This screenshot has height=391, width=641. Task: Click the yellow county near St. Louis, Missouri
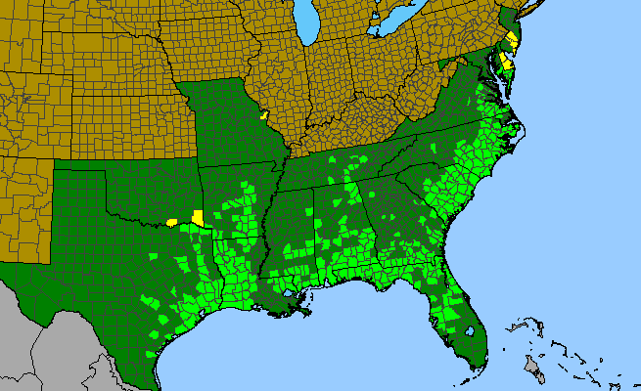[x=264, y=114]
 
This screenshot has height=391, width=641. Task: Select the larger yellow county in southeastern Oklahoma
[x=198, y=217]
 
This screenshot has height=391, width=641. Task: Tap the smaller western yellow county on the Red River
[x=173, y=222]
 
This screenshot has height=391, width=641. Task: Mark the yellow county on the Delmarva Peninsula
[x=505, y=64]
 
